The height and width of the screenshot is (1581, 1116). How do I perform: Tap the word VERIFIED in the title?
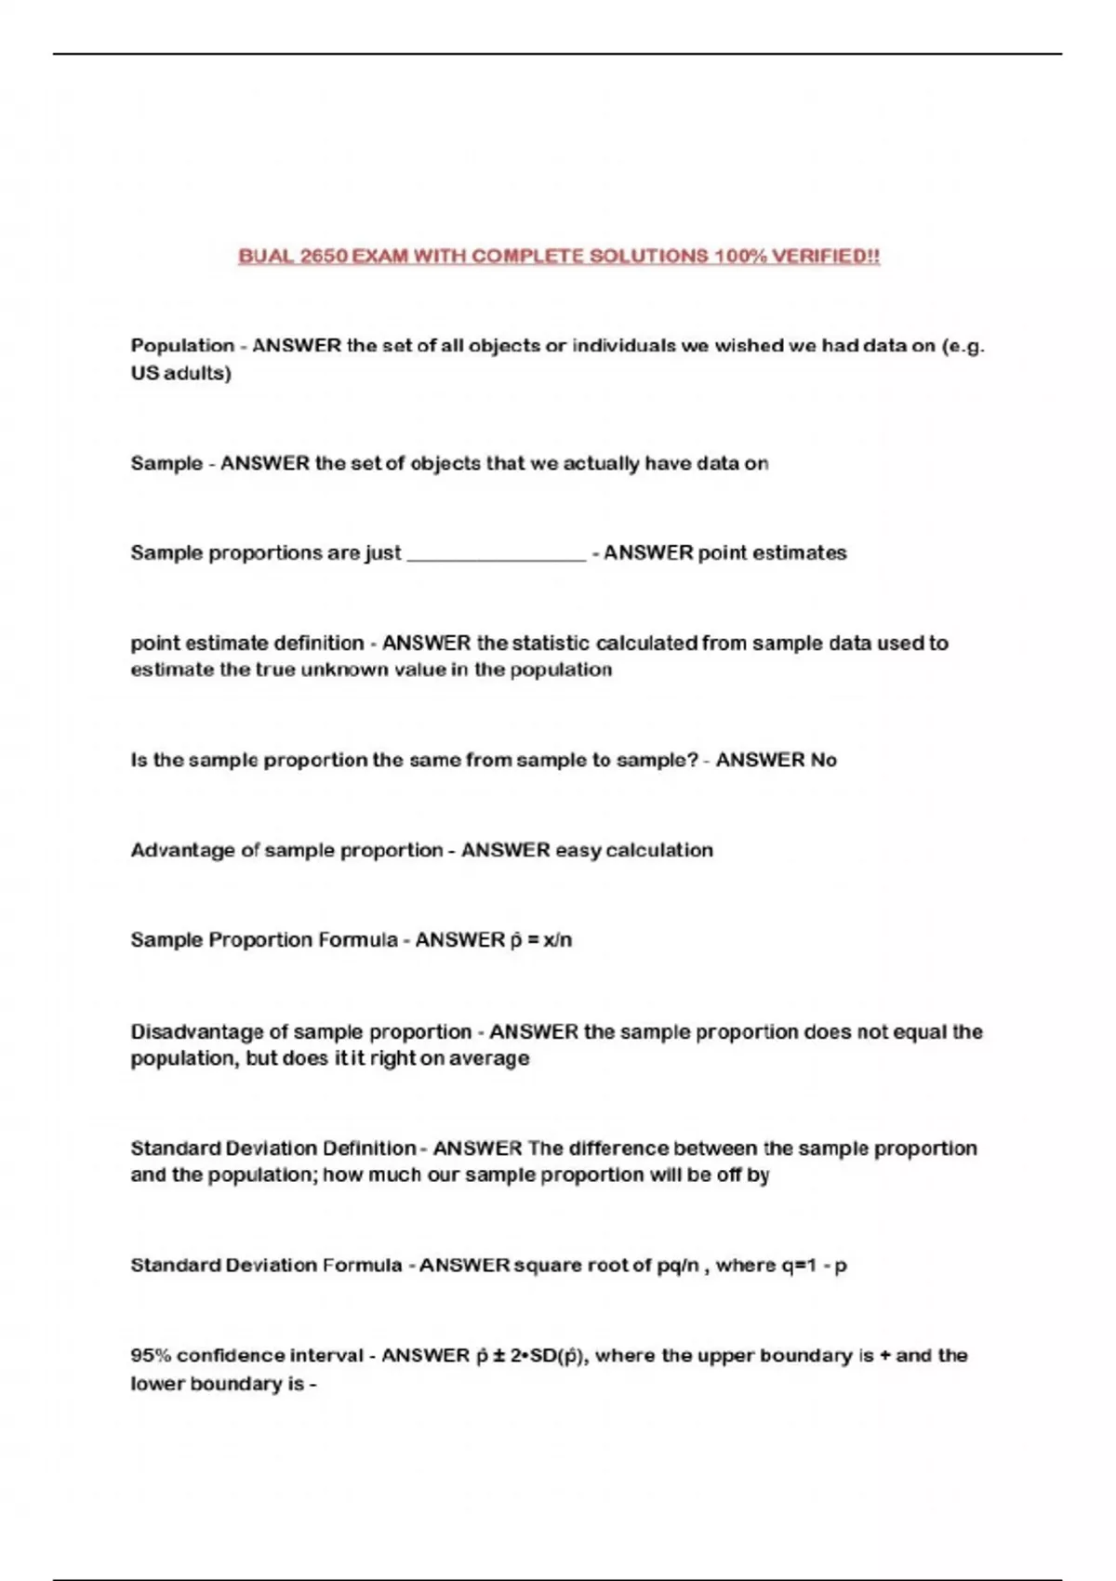[x=826, y=256]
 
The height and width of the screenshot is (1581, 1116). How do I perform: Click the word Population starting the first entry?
[x=182, y=346]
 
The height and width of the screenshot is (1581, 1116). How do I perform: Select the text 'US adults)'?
[x=180, y=373]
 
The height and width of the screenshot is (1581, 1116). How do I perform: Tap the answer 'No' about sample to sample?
[x=823, y=760]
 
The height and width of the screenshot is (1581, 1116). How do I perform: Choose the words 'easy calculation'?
[x=633, y=850]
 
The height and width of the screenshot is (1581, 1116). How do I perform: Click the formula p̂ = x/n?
[x=540, y=940]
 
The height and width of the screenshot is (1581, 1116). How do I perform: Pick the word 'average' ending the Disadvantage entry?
[x=489, y=1058]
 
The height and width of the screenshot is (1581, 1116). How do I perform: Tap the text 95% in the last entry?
[x=151, y=1356]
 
